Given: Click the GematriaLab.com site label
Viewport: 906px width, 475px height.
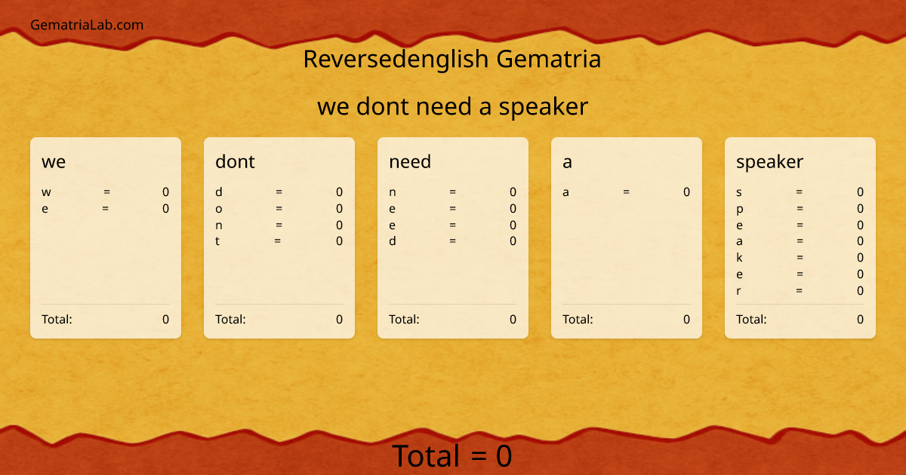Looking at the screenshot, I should pos(87,25).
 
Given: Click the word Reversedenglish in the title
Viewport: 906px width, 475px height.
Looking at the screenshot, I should pos(396,59).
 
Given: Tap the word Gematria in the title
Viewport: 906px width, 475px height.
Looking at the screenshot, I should pos(549,59).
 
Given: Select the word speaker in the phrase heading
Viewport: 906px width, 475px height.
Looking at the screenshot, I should pos(544,107).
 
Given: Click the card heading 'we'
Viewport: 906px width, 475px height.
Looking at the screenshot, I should pos(54,161).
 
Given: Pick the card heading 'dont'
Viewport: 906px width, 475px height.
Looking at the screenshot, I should pos(235,161).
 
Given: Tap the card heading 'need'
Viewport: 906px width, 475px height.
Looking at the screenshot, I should pos(410,161).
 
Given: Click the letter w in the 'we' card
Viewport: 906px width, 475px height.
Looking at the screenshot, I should pos(46,192).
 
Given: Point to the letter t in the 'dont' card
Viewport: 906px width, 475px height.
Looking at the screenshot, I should pos(217,241).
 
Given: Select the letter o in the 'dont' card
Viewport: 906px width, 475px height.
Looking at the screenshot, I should pos(219,209).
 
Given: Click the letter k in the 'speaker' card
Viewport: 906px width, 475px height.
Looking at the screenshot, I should pos(739,258).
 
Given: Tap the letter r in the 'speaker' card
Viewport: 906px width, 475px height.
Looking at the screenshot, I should pos(738,291).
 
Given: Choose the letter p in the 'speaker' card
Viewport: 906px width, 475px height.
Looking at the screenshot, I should pos(740,209).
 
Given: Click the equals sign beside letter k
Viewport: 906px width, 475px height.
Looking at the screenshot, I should pos(800,258).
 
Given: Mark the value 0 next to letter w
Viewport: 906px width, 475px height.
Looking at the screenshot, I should pos(165,192).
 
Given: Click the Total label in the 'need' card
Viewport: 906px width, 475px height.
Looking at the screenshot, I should pos(404,319).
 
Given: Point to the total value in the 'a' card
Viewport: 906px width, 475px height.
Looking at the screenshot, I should pos(686,319).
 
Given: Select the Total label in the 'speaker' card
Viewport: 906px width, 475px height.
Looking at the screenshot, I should pos(751,319).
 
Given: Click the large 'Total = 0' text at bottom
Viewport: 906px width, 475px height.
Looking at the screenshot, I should pos(451,456).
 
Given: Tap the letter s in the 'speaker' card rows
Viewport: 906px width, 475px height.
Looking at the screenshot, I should pos(739,192).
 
